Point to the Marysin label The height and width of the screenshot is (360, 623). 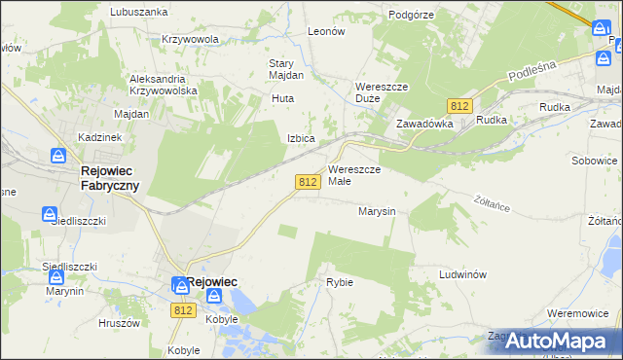pyautogui.click(x=376, y=211)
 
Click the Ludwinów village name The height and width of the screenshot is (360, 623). pyautogui.click(x=462, y=275)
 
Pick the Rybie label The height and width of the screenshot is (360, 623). pyautogui.click(x=340, y=282)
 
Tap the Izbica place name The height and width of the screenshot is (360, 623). pyautogui.click(x=300, y=138)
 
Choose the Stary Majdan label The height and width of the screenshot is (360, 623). pyautogui.click(x=286, y=69)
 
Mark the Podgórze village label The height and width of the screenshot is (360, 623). pyautogui.click(x=410, y=15)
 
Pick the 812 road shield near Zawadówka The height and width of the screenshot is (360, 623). pyautogui.click(x=460, y=105)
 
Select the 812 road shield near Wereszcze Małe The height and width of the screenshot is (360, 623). pyautogui.click(x=309, y=182)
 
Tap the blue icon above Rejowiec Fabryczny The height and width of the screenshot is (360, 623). pyautogui.click(x=58, y=156)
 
